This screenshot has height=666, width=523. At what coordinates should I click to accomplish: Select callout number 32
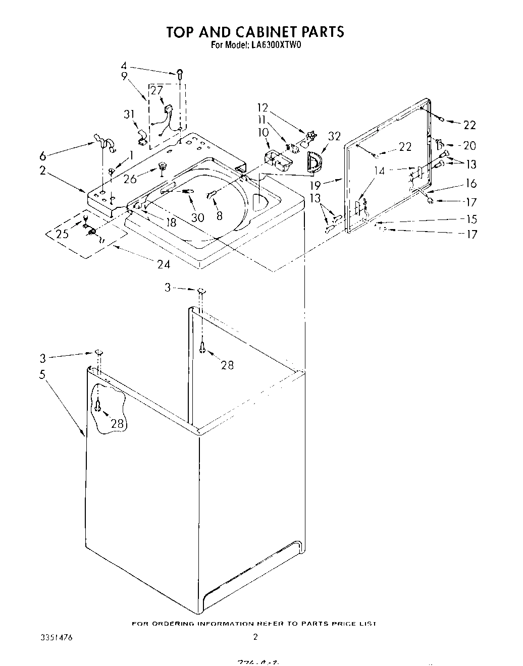(334, 136)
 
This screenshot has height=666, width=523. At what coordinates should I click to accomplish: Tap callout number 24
(164, 264)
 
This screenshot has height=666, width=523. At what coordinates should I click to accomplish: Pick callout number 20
(469, 146)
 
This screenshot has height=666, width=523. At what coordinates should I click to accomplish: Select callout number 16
(470, 183)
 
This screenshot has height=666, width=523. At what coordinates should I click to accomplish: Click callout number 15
(470, 219)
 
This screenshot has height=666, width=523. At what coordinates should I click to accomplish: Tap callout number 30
(198, 217)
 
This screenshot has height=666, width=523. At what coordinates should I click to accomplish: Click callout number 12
(262, 107)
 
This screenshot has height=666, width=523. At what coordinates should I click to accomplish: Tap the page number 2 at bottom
(255, 637)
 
